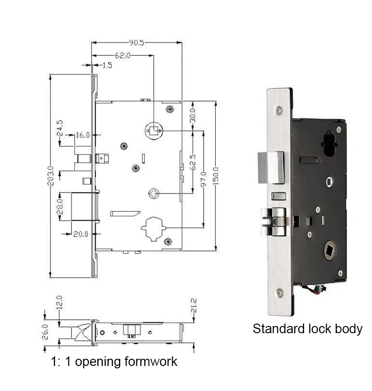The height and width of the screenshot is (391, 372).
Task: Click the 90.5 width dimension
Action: [137, 43]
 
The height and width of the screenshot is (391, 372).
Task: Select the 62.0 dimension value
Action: [122, 55]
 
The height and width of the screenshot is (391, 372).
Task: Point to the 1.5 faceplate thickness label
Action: [107, 65]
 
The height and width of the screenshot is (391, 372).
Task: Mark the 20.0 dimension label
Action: [81, 234]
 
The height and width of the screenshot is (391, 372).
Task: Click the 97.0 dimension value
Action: [204, 179]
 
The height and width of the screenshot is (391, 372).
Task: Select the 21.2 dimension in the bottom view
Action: [193, 306]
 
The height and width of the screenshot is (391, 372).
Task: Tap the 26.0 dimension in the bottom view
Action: [45, 331]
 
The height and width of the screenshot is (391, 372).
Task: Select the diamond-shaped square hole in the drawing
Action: [153, 194]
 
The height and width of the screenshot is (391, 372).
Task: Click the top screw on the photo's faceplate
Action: [278, 110]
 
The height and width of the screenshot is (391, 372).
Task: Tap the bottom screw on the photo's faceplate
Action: [279, 292]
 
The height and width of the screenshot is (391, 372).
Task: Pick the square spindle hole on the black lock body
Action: [330, 251]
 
